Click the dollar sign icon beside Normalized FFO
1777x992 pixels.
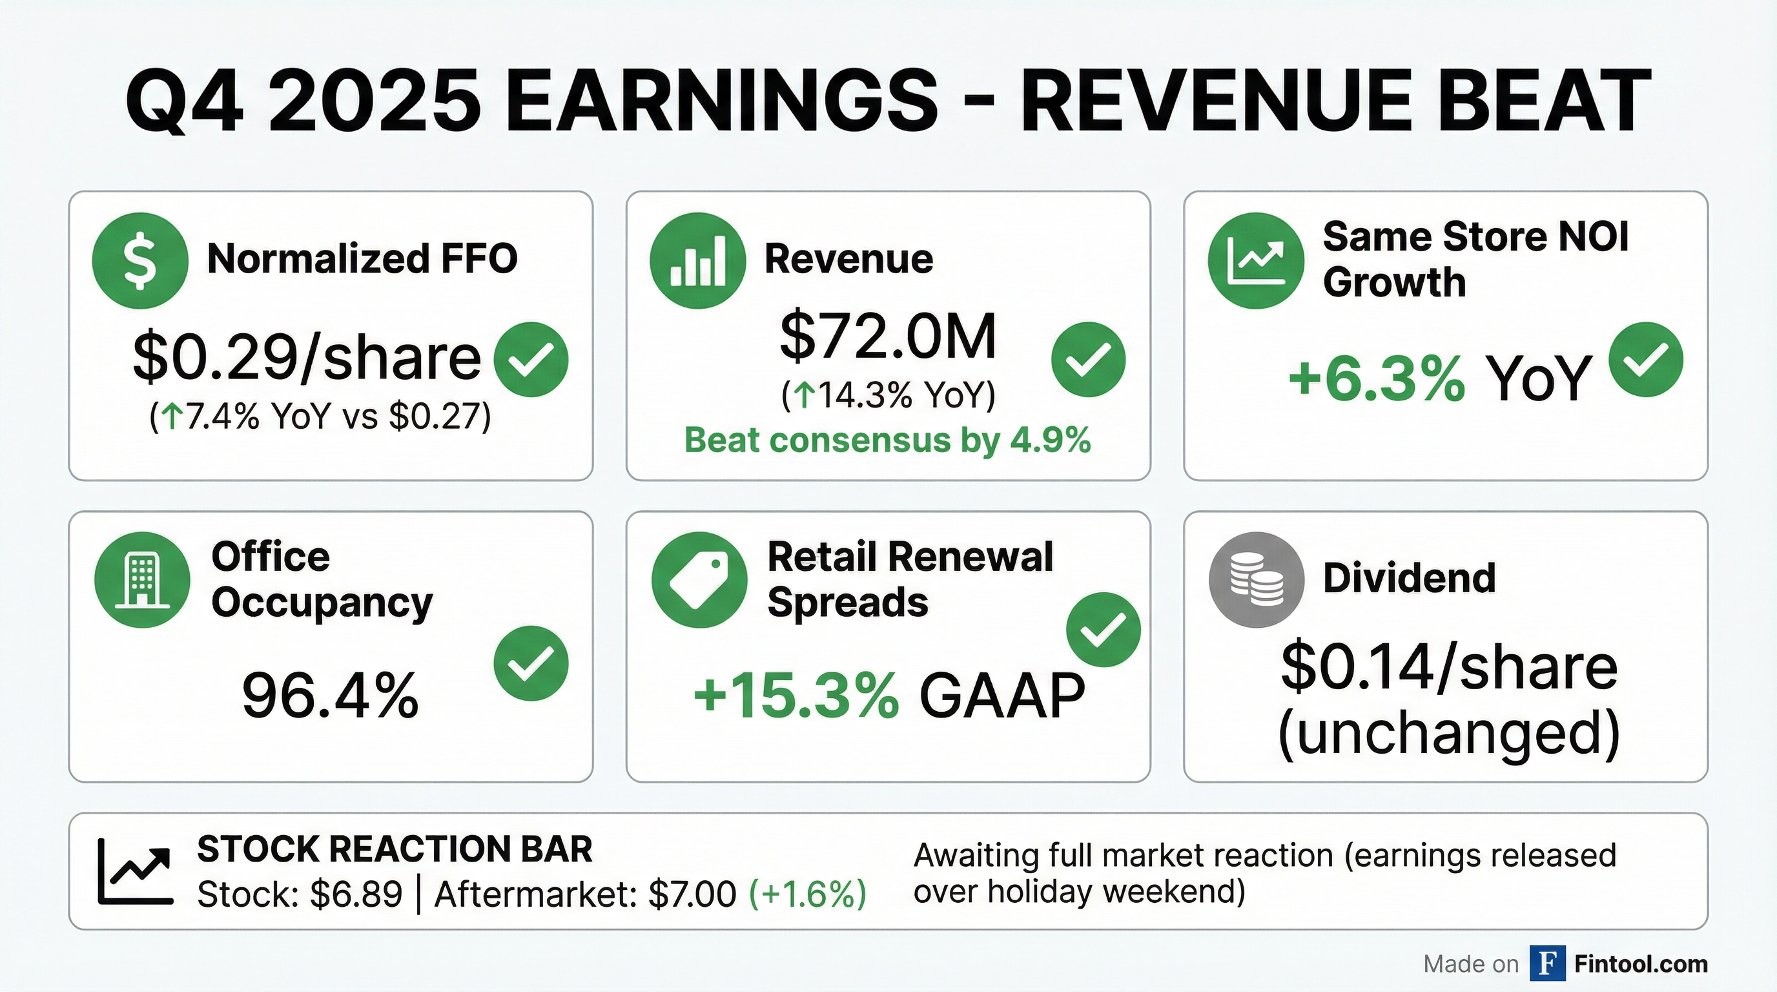tap(140, 260)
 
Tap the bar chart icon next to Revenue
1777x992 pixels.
tap(697, 260)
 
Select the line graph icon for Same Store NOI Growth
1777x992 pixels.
tap(1255, 260)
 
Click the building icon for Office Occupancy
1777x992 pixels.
tap(142, 579)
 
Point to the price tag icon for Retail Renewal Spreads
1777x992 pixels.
tap(699, 579)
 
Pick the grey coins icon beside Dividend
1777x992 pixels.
tap(1256, 579)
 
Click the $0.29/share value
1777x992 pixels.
tap(306, 357)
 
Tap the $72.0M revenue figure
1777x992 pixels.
tap(888, 336)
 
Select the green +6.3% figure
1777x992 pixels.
tap(1375, 378)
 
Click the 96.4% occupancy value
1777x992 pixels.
tap(330, 696)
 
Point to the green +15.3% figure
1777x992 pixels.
tap(796, 696)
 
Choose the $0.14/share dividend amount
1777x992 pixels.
tap(1448, 668)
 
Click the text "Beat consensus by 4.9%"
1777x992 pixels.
tap(887, 440)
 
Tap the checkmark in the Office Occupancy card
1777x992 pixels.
tap(531, 663)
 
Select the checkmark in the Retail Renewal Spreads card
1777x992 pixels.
tap(1103, 629)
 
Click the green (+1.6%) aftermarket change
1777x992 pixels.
tap(807, 894)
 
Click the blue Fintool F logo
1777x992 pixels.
tap(1546, 963)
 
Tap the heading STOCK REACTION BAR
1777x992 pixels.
tap(395, 849)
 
